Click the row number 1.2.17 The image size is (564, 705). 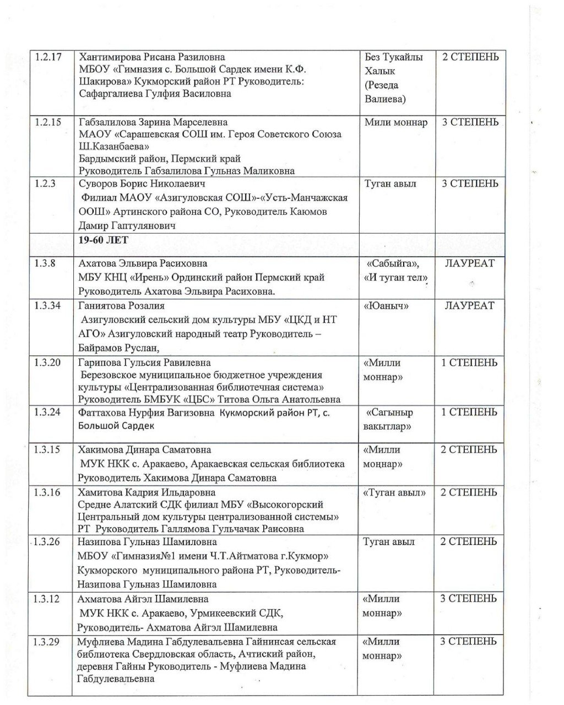tap(48, 57)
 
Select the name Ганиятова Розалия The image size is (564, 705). tap(121, 306)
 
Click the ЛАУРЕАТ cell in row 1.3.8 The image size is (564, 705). tap(470, 263)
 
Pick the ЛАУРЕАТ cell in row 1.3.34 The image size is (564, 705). tap(470, 306)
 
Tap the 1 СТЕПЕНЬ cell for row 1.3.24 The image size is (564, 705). tap(469, 412)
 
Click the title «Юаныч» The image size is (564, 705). tap(386, 306)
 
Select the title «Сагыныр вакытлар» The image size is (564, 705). tap(389, 419)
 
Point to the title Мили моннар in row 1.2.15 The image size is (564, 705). tap(395, 122)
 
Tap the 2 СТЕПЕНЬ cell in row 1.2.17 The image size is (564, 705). tap(470, 57)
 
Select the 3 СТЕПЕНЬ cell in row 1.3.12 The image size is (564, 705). tap(469, 599)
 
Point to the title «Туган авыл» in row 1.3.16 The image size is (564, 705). tap(394, 492)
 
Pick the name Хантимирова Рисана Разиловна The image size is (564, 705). tap(152, 57)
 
